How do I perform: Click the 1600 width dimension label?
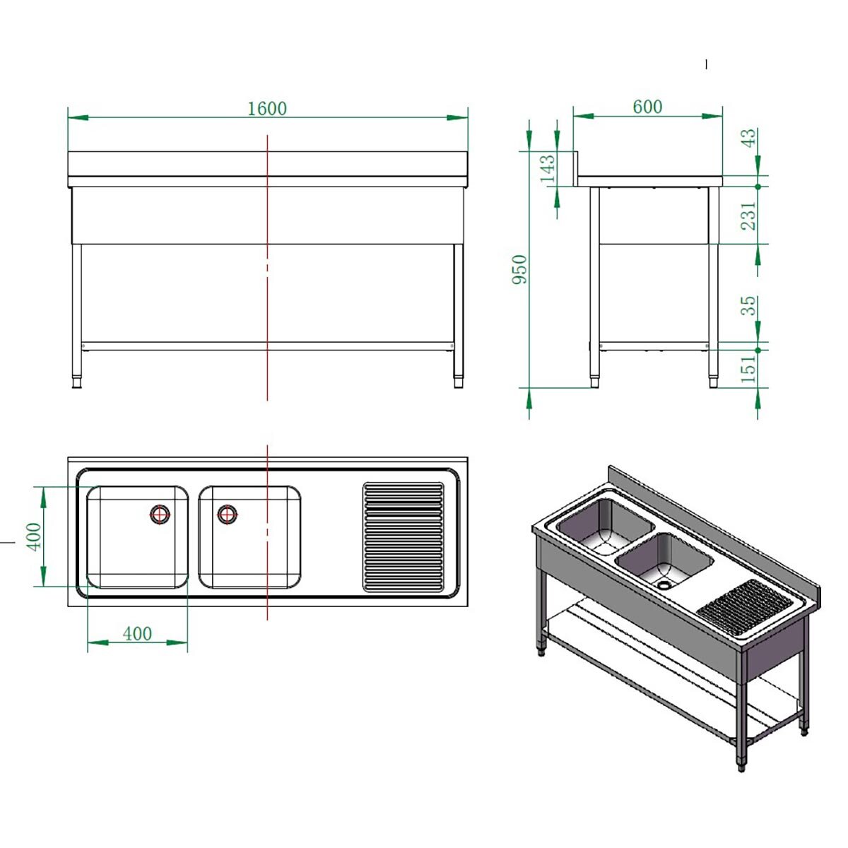click(x=267, y=108)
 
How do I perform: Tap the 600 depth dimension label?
click(x=647, y=107)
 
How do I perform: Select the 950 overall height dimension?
click(x=519, y=269)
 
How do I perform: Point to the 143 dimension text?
click(x=548, y=170)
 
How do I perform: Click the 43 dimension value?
click(x=749, y=138)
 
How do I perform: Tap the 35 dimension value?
click(x=749, y=306)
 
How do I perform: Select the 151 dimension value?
click(x=749, y=368)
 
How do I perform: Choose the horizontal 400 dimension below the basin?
click(x=137, y=634)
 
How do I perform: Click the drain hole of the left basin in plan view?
click(x=160, y=514)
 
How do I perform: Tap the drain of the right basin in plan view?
click(x=227, y=514)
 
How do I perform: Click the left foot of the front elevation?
click(x=77, y=382)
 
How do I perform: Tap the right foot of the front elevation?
click(x=459, y=382)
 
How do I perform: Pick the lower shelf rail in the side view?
click(x=654, y=347)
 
